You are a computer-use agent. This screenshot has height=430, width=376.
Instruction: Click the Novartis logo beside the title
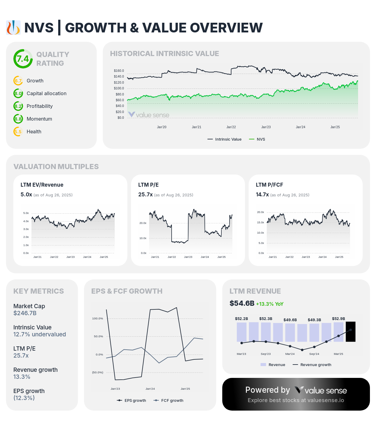13,28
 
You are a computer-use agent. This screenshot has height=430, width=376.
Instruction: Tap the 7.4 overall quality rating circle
23,59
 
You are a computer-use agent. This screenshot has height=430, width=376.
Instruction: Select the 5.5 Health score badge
18,132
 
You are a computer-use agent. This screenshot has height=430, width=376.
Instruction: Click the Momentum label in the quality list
39,119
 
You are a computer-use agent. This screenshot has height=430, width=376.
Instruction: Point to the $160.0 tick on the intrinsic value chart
119,71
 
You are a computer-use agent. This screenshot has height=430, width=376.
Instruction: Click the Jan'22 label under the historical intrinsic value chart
231,127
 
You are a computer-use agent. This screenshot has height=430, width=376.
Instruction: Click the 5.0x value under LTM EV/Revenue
26,195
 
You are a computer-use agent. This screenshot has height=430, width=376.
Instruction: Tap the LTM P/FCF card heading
269,185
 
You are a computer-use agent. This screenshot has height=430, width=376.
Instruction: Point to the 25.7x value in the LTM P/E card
145,195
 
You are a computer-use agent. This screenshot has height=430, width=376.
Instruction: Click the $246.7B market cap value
25,313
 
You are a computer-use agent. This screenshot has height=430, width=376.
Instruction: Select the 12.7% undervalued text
39,334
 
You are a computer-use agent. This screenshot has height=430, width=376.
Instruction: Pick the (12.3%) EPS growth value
24,398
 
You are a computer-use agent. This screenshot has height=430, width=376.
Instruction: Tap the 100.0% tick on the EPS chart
98,318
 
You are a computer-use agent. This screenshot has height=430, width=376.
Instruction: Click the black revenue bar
351,332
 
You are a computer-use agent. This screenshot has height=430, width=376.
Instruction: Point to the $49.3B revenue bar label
314,320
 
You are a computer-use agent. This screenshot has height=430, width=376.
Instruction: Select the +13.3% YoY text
270,304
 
